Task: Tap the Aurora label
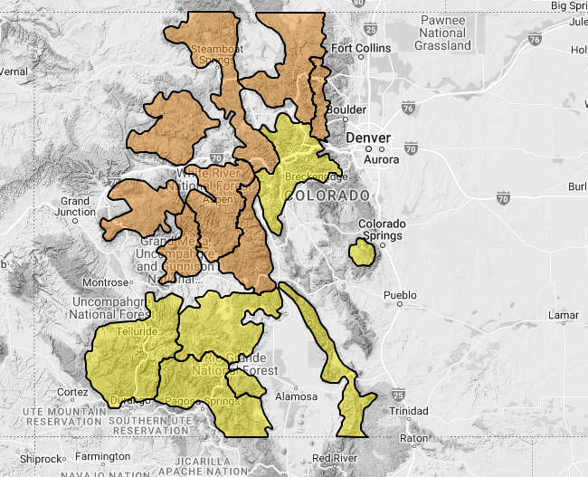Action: (x=381, y=160)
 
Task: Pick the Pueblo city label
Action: (x=399, y=295)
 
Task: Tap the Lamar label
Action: (x=563, y=316)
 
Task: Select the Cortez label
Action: (x=72, y=392)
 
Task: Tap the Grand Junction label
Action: (x=75, y=206)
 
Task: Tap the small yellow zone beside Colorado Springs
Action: (x=362, y=253)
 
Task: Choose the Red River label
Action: (x=334, y=458)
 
